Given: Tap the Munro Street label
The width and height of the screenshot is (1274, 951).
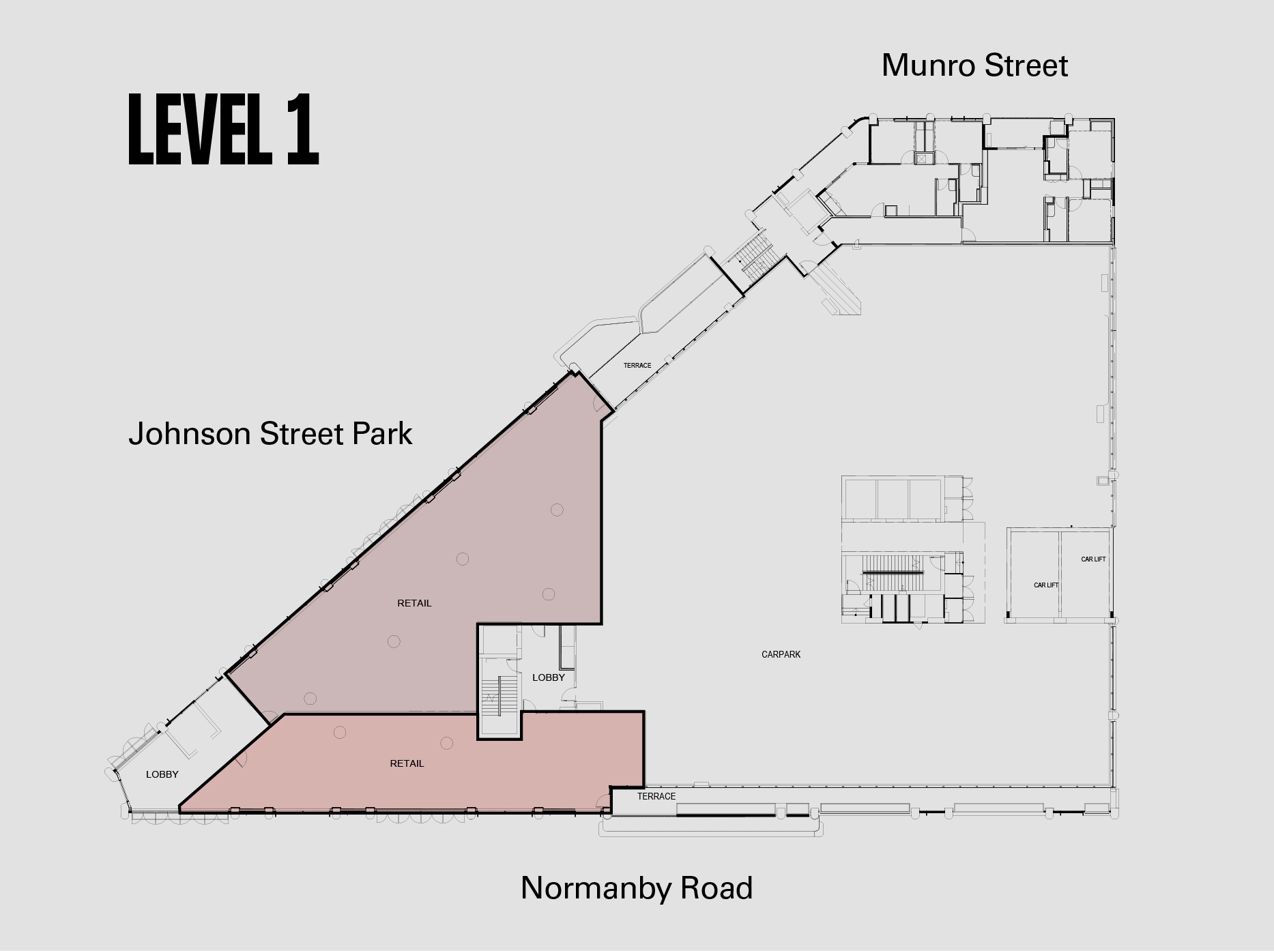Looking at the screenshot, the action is [x=974, y=65].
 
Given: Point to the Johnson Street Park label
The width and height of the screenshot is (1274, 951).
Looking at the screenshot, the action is [x=270, y=434].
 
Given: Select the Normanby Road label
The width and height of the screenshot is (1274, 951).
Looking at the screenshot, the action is [x=637, y=888].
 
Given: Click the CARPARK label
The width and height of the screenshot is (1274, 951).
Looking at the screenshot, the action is [x=781, y=654].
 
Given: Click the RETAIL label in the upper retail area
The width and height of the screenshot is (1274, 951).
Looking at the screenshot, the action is [x=414, y=603].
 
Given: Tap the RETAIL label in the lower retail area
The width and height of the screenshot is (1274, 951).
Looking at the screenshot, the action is [x=407, y=763].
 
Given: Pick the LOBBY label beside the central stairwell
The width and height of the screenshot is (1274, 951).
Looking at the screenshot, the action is [x=549, y=677].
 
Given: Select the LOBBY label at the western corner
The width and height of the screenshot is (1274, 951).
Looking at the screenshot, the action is [x=162, y=774].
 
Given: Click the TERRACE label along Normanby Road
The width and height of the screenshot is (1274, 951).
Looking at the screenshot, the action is [x=656, y=796].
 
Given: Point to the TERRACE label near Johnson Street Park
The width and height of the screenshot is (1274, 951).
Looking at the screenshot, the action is [x=637, y=366].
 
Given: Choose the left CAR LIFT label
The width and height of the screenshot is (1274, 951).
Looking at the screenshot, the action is [x=1046, y=585].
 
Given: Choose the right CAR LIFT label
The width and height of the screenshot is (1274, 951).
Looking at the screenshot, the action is [x=1093, y=559].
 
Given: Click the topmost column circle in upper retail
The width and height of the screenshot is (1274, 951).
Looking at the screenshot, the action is [x=557, y=510].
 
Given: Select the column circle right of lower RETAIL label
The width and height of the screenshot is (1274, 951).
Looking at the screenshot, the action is [x=447, y=743].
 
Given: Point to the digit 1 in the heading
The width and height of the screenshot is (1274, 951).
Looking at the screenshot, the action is [x=302, y=129].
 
